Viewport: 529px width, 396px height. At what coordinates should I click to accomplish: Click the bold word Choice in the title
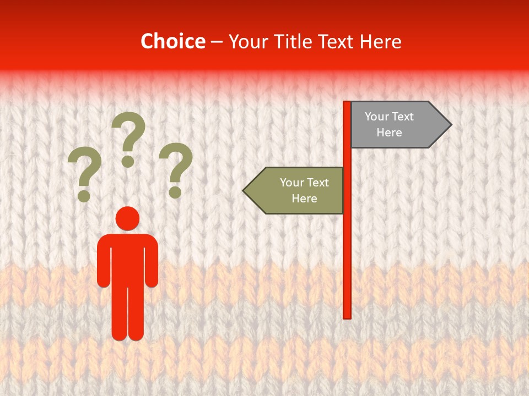point(172,42)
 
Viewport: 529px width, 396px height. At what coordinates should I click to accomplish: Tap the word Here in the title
point(380,42)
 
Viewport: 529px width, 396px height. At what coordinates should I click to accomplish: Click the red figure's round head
point(127,219)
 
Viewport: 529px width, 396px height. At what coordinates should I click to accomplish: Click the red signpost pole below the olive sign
point(347,264)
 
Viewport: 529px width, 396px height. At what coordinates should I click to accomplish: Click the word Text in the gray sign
point(402,117)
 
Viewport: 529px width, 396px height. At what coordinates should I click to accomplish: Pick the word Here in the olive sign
point(304,199)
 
